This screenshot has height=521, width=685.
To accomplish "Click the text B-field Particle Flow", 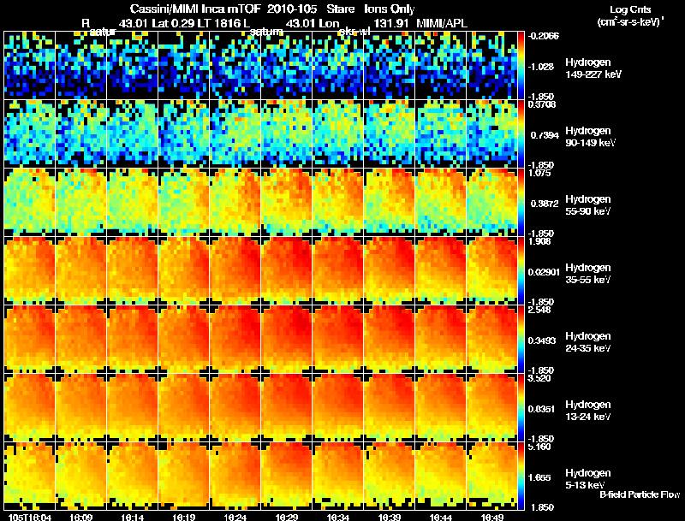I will (x=639, y=494).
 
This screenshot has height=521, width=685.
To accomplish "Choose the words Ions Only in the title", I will (x=390, y=9).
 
